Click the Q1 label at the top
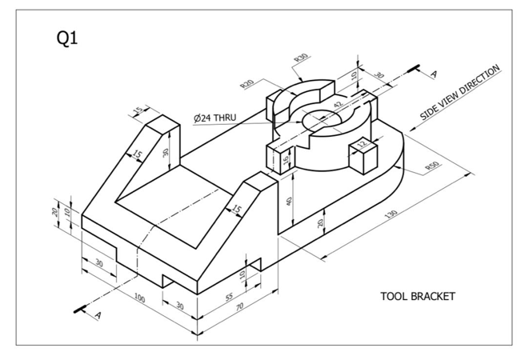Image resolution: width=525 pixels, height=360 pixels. pyautogui.click(x=67, y=39)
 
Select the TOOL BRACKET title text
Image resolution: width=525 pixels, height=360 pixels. pyautogui.click(x=417, y=296)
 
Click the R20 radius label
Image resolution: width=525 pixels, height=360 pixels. pyautogui.click(x=247, y=84)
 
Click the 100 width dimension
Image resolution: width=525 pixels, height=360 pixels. pyautogui.click(x=140, y=298)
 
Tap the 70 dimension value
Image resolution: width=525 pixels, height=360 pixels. pyautogui.click(x=238, y=305)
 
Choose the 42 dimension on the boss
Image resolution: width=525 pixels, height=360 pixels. pyautogui.click(x=339, y=104)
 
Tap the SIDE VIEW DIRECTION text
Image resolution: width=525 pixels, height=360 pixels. pyautogui.click(x=460, y=94)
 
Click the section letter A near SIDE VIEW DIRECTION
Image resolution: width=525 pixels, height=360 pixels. pyautogui.click(x=434, y=74)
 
